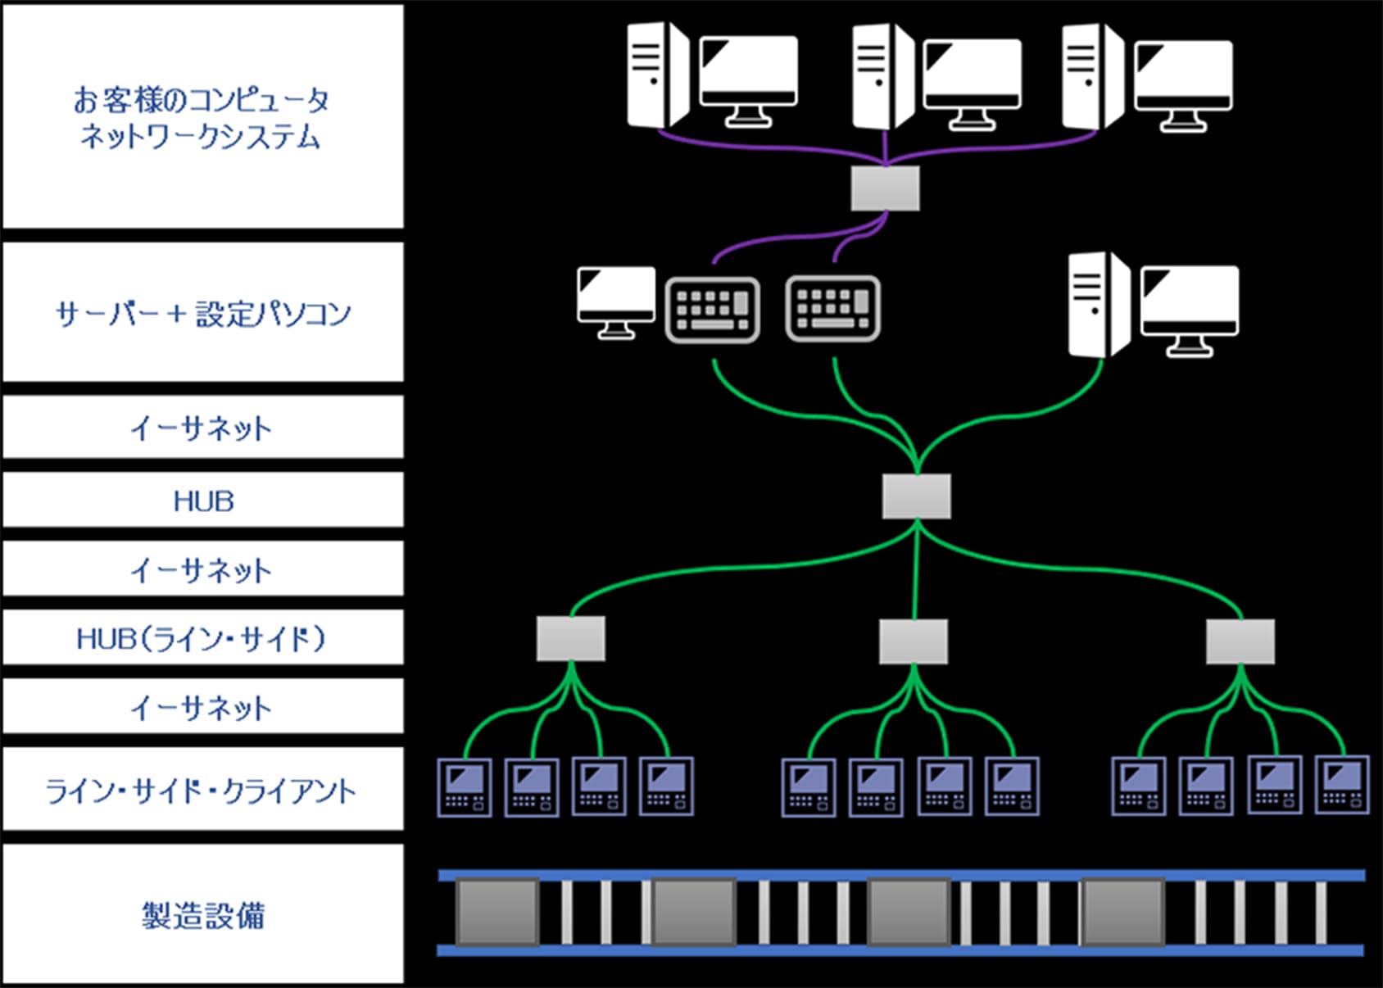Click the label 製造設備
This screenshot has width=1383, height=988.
[x=203, y=915]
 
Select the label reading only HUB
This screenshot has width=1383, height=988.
[x=203, y=501]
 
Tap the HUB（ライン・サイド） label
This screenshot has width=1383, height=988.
[x=203, y=638]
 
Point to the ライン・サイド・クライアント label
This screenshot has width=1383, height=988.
[x=203, y=791]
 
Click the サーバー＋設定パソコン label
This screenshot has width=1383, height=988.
[x=203, y=314]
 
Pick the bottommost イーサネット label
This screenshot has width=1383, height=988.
[x=203, y=707]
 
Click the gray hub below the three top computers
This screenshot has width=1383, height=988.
[x=885, y=188]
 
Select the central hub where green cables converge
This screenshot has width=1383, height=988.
[x=916, y=496]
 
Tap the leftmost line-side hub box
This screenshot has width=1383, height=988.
[x=571, y=639]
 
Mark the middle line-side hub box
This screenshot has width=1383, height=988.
[x=914, y=641]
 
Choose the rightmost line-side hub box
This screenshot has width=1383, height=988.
[x=1240, y=641]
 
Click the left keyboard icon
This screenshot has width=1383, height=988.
[x=712, y=310]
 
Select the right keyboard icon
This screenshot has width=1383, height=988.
[x=832, y=308]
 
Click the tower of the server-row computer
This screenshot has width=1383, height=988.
[x=1098, y=303]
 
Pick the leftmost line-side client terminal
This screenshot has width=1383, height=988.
[x=465, y=787]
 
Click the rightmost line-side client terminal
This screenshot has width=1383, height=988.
[x=1341, y=784]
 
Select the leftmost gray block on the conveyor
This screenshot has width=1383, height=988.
[x=497, y=911]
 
